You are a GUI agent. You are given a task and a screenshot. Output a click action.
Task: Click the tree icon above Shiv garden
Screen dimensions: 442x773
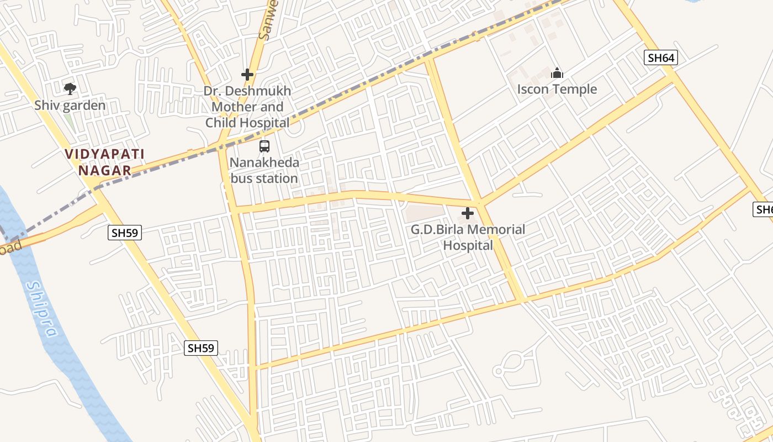coord(70,88)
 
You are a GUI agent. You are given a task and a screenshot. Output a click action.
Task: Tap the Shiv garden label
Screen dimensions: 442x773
coord(70,105)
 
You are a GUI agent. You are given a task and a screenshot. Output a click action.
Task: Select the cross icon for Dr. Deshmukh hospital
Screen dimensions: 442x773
coord(247,74)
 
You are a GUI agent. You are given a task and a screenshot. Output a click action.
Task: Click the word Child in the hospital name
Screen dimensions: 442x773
coord(269,123)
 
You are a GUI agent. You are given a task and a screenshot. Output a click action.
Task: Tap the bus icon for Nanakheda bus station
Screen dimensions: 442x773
coord(264,146)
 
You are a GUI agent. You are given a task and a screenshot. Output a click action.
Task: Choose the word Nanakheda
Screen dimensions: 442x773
coord(264,163)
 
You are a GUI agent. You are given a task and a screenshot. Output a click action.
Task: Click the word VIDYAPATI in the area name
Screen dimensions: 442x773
coord(104,154)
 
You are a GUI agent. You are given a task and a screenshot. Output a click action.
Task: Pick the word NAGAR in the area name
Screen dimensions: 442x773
coord(104,171)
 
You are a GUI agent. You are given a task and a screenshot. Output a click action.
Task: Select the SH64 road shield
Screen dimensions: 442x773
coord(660,57)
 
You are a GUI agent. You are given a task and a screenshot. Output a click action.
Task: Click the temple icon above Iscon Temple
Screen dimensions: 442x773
coord(557,73)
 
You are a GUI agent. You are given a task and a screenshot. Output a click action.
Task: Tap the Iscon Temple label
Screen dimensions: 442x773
coord(557,90)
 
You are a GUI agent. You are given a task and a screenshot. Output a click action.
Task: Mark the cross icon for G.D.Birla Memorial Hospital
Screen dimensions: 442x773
coord(468,213)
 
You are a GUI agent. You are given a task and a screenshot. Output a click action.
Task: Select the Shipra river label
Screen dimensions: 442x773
coord(43,309)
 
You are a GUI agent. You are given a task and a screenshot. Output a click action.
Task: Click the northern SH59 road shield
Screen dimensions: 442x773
coord(125,233)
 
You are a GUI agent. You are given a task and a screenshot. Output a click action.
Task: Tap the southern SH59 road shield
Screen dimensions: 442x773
coord(201,348)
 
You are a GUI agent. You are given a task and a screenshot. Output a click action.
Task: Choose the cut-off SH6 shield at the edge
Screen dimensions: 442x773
coord(764,209)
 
